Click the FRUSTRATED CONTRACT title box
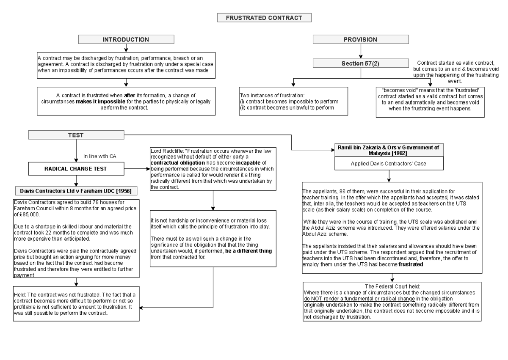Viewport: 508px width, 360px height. coord(264,18)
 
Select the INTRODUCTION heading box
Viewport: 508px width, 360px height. coord(126,40)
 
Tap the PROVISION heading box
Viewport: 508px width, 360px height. coord(360,40)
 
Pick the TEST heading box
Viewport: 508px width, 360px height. coord(76,135)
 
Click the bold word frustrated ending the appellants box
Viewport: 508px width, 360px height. coord(411,264)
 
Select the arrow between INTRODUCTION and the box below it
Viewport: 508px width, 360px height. coord(126,48)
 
